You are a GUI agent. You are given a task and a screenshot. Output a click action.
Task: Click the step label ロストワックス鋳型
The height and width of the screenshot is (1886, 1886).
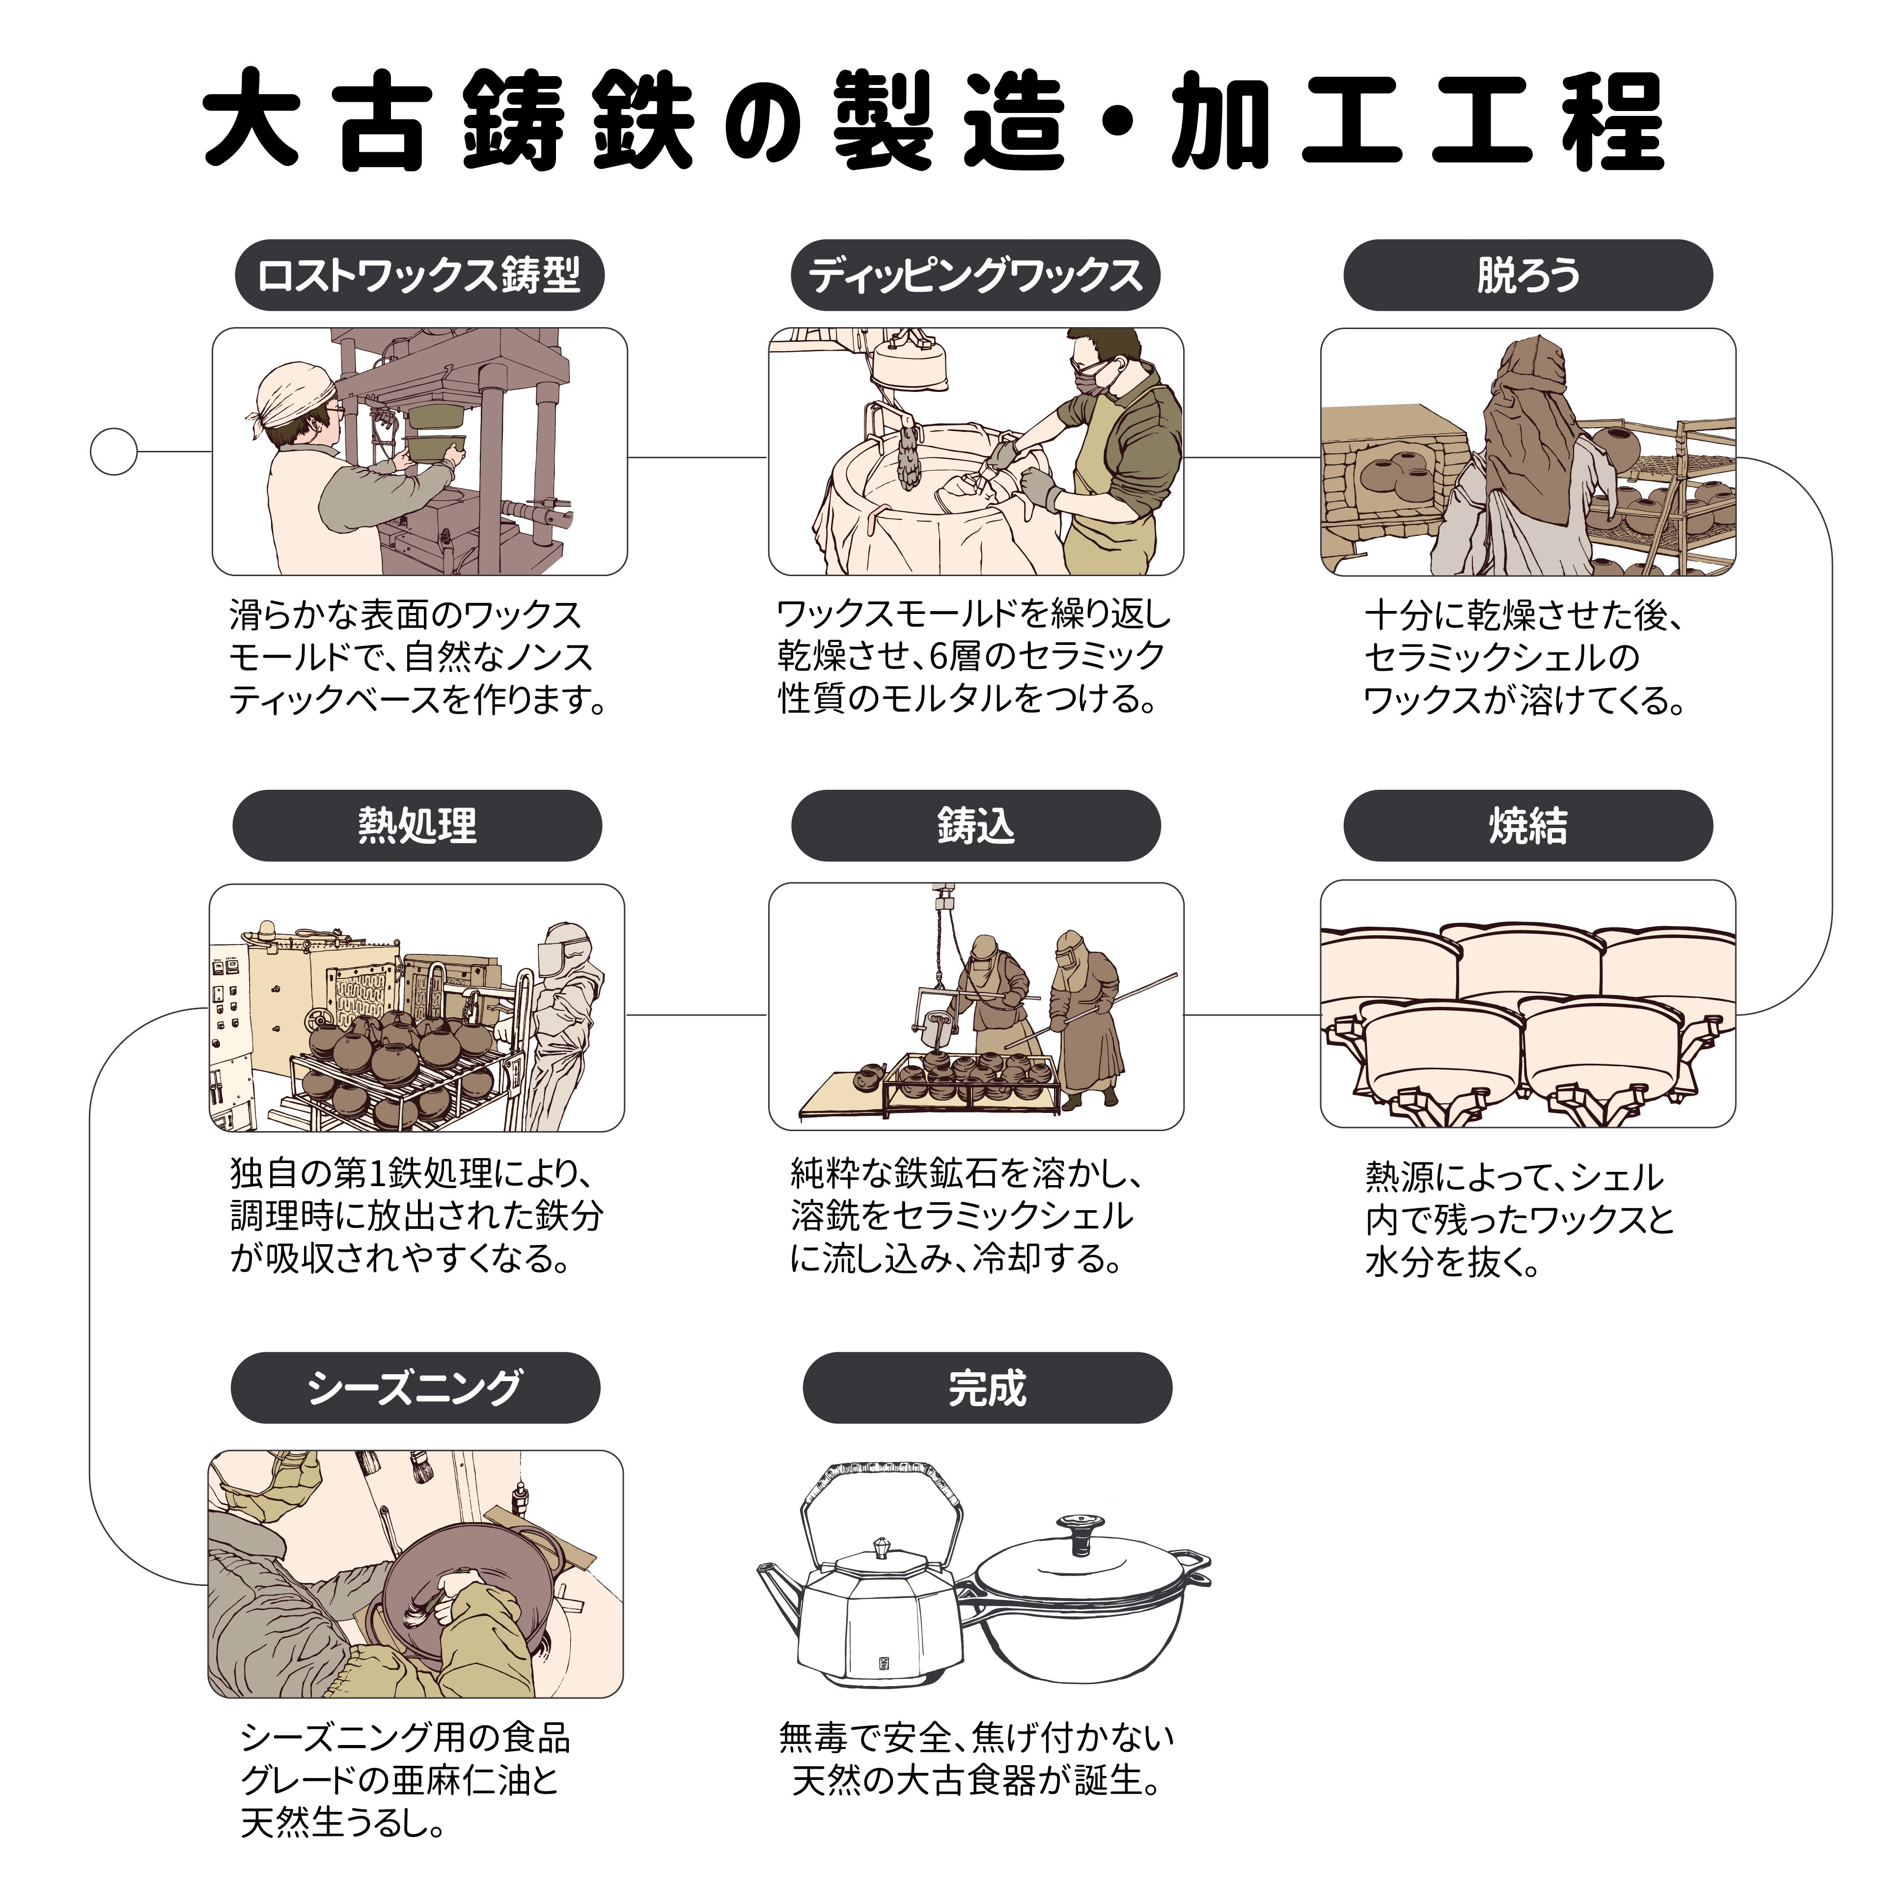click(x=419, y=275)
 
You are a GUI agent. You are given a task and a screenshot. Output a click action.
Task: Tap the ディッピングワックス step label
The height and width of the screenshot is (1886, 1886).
click(x=975, y=275)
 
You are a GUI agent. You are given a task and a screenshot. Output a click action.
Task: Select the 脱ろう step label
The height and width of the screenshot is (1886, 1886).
click(x=1528, y=275)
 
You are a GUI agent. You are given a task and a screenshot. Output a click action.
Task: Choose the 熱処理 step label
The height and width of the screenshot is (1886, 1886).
click(x=417, y=826)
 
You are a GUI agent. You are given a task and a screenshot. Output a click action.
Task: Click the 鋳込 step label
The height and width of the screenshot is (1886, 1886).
click(x=975, y=826)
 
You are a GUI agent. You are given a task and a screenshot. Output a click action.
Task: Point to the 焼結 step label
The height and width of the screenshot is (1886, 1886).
click(x=1528, y=826)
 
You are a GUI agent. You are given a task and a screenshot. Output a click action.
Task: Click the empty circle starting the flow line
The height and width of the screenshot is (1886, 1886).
click(x=113, y=452)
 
